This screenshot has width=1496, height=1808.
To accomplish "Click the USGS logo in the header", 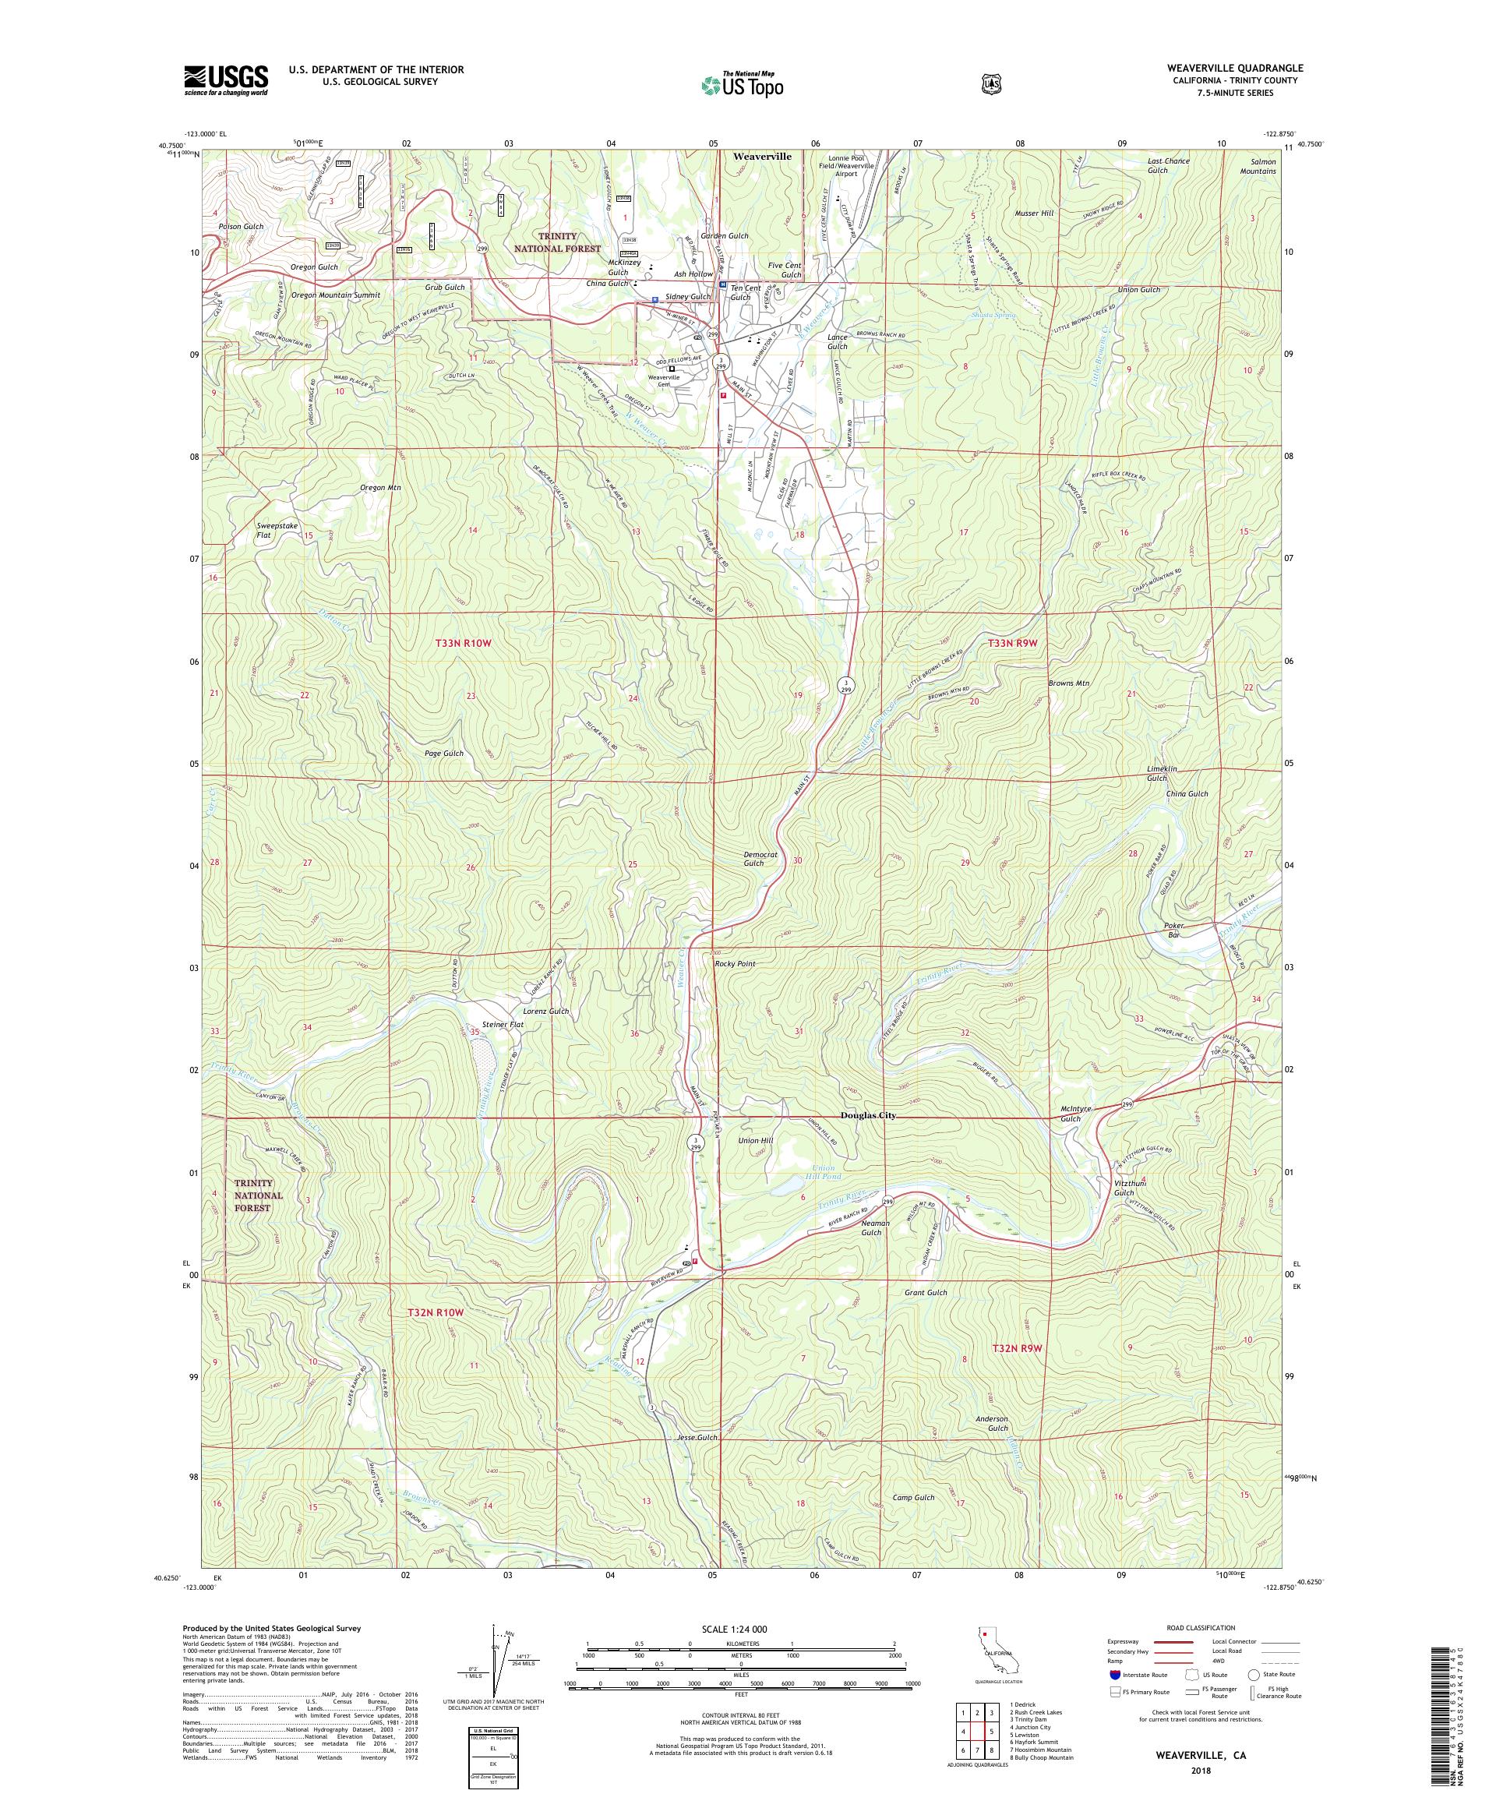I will point(225,80).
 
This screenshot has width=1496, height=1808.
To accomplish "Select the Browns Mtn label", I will point(1068,683).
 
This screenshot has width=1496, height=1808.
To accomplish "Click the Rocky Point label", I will point(734,963).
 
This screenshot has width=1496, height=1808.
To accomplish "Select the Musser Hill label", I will point(1034,213).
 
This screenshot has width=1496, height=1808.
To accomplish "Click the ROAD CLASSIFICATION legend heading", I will point(1199,1628).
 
